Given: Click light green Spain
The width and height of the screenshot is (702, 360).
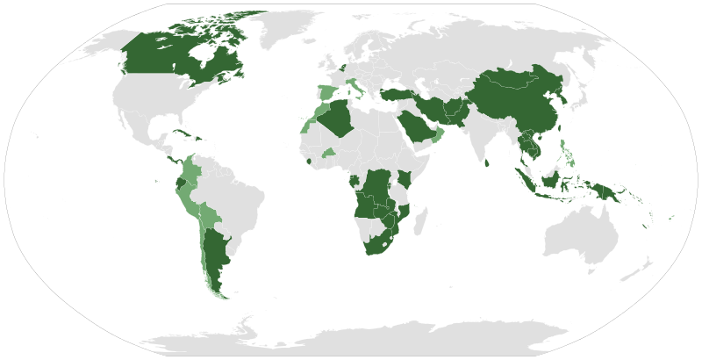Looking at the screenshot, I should pos(327,93).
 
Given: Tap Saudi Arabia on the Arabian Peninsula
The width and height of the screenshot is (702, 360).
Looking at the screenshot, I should pos(416,126).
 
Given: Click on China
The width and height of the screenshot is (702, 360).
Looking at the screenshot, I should pos(518,101).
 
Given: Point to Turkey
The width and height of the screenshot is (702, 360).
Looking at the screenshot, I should pos(394,94).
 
